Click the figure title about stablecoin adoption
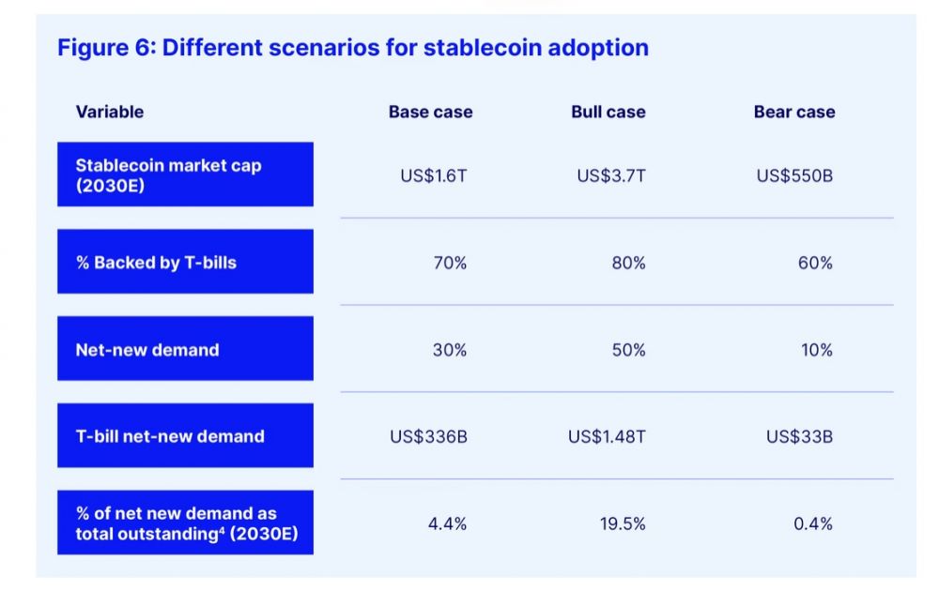(x=353, y=48)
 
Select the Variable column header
(x=110, y=112)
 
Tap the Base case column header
(x=430, y=112)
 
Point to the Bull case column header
(x=608, y=112)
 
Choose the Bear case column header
(x=793, y=112)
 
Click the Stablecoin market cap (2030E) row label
(x=185, y=174)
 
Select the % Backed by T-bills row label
(x=185, y=263)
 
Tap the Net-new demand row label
(x=185, y=350)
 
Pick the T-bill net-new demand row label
(x=185, y=436)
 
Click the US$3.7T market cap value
(x=611, y=175)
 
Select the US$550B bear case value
(x=794, y=175)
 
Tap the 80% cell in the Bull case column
(x=628, y=263)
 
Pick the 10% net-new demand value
(x=815, y=350)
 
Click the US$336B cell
(x=428, y=436)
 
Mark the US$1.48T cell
(x=607, y=436)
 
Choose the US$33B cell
(x=799, y=436)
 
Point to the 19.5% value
(x=623, y=523)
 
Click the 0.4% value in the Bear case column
(x=812, y=523)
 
